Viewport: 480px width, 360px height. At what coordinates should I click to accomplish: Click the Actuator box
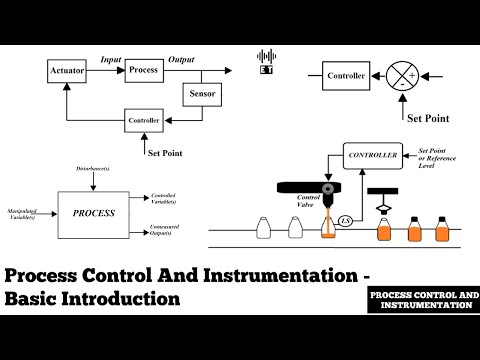(67, 71)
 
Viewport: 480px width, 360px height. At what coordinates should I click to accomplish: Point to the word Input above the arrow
(110, 60)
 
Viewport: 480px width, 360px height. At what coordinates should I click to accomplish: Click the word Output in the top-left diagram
(182, 60)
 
